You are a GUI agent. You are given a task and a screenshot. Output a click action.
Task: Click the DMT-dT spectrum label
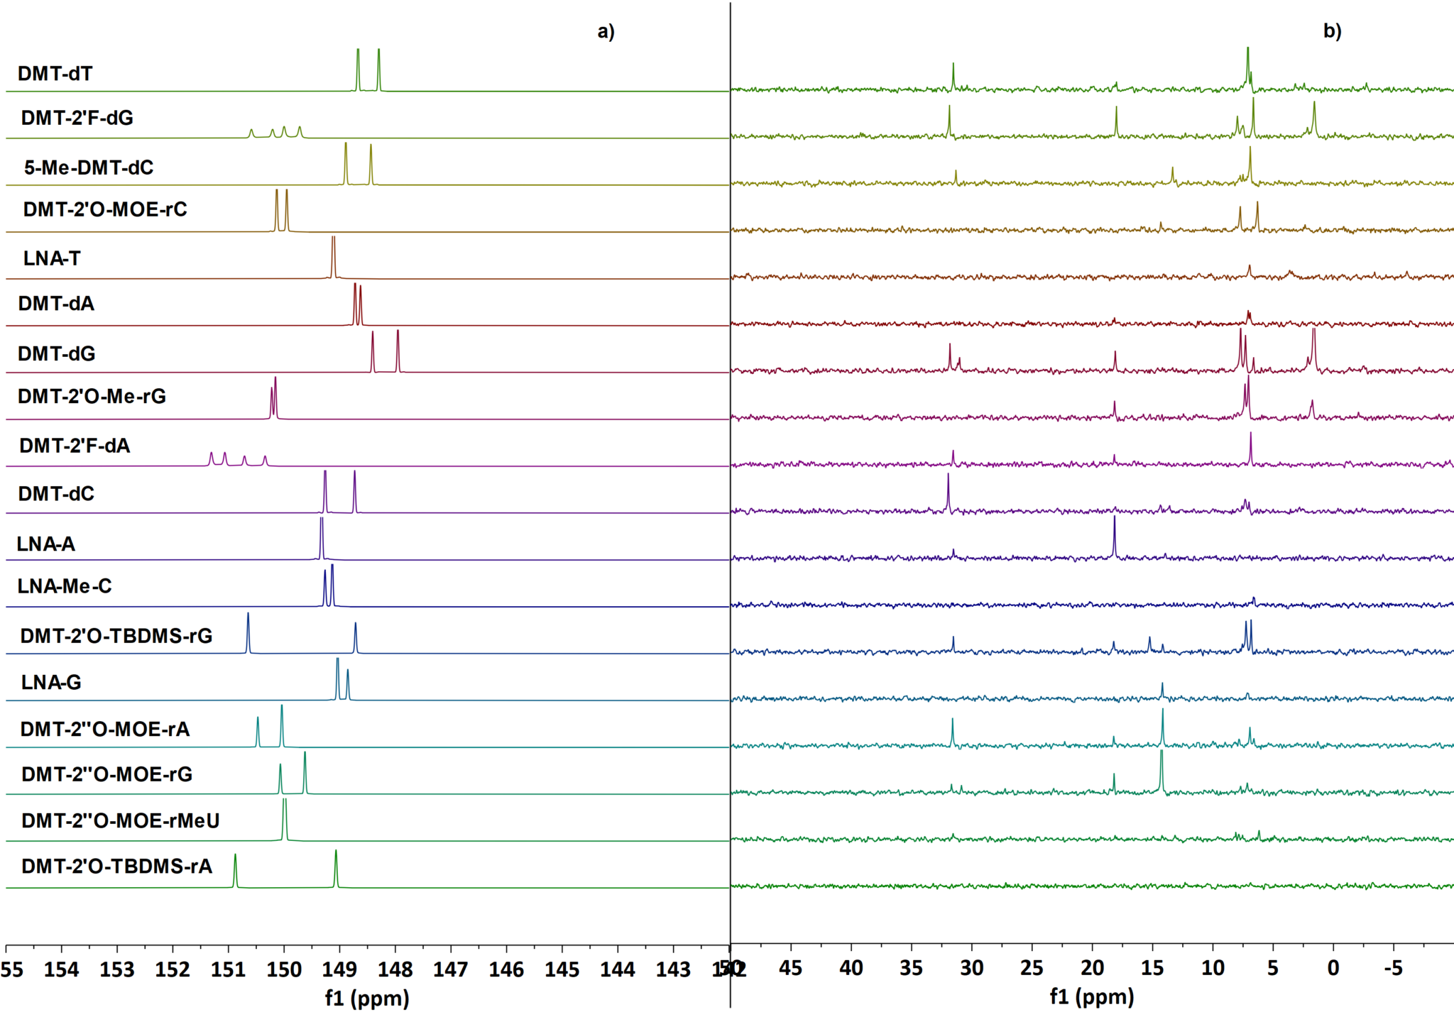(55, 74)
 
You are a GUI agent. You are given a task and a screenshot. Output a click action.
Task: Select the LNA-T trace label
(51, 258)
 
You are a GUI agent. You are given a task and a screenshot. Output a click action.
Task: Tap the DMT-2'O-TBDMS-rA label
(116, 867)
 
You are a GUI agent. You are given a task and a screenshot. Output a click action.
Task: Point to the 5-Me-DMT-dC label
(89, 167)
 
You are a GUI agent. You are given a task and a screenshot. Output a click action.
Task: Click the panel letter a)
(606, 31)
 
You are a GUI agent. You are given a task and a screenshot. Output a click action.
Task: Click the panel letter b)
(1332, 31)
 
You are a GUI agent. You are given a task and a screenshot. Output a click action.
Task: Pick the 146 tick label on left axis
(506, 969)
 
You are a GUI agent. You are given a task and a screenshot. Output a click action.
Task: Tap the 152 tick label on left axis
(173, 969)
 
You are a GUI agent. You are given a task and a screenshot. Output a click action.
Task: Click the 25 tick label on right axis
(1032, 968)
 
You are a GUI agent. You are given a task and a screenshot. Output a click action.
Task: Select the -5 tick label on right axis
(1393, 968)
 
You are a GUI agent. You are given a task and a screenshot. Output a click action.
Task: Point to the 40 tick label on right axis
(851, 968)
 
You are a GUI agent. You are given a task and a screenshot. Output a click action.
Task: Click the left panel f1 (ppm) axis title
(367, 999)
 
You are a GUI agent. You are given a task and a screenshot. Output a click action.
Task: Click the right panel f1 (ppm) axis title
(1091, 997)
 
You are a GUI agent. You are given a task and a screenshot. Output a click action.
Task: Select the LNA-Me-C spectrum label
(65, 586)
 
